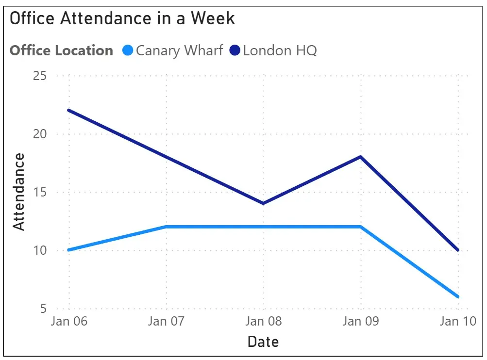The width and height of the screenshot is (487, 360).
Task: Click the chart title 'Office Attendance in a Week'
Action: point(122,18)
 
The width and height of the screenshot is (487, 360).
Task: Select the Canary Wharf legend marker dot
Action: point(128,50)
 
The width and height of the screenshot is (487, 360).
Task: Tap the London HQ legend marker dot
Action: point(235,50)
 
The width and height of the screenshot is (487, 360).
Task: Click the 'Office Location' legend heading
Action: point(61,50)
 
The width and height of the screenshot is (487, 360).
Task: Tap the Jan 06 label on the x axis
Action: point(69,321)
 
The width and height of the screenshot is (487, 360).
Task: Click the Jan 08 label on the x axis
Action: point(263,321)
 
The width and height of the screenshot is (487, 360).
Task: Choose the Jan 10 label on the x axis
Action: point(457,321)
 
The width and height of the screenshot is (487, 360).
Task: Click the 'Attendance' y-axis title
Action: point(18,192)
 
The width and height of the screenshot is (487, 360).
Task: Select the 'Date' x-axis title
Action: point(263,342)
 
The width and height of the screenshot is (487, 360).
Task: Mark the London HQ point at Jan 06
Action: point(69,110)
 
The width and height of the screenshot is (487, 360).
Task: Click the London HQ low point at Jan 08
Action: point(263,203)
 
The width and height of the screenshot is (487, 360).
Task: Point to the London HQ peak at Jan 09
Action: point(361,157)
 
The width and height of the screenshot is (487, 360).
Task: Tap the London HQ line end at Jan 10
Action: point(458,250)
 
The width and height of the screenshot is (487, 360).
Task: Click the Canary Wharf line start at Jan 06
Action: point(69,250)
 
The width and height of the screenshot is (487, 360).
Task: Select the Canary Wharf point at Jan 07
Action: point(167,227)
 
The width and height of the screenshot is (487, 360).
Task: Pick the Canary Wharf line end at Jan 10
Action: point(458,296)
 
